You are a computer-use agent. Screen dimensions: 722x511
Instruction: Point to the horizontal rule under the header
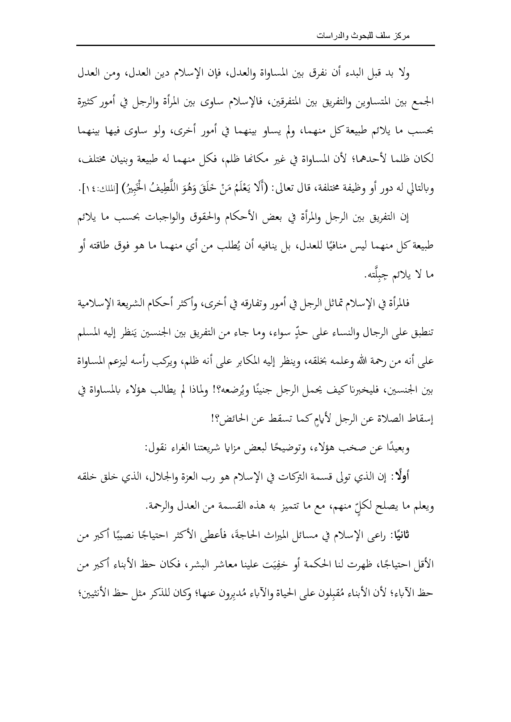[255, 46]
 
